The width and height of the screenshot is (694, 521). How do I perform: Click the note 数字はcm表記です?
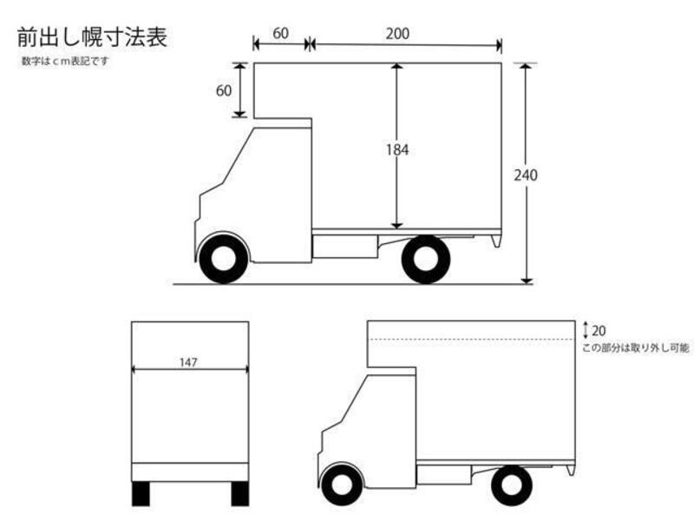tap(65, 63)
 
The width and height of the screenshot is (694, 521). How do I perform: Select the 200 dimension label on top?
tap(396, 33)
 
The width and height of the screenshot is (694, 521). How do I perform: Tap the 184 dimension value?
tap(396, 149)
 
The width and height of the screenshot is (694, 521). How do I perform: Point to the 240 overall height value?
tap(526, 175)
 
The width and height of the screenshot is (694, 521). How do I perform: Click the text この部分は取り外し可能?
tap(636, 347)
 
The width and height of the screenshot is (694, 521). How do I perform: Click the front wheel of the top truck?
tap(223, 257)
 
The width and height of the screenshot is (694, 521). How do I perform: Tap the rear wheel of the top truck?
tap(425, 258)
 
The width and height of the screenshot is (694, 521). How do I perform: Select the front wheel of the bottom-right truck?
tap(342, 485)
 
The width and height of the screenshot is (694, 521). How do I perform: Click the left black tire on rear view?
tap(141, 493)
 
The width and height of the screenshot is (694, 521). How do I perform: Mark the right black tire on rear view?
tap(239, 493)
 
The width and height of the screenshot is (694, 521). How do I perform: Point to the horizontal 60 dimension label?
tap(280, 33)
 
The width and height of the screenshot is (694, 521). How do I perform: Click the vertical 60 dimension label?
tap(224, 89)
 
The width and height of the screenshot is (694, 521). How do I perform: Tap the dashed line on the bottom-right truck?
tap(473, 339)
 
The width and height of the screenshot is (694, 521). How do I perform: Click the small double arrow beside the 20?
tap(586, 331)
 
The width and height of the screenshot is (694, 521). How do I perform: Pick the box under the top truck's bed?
tap(344, 246)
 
